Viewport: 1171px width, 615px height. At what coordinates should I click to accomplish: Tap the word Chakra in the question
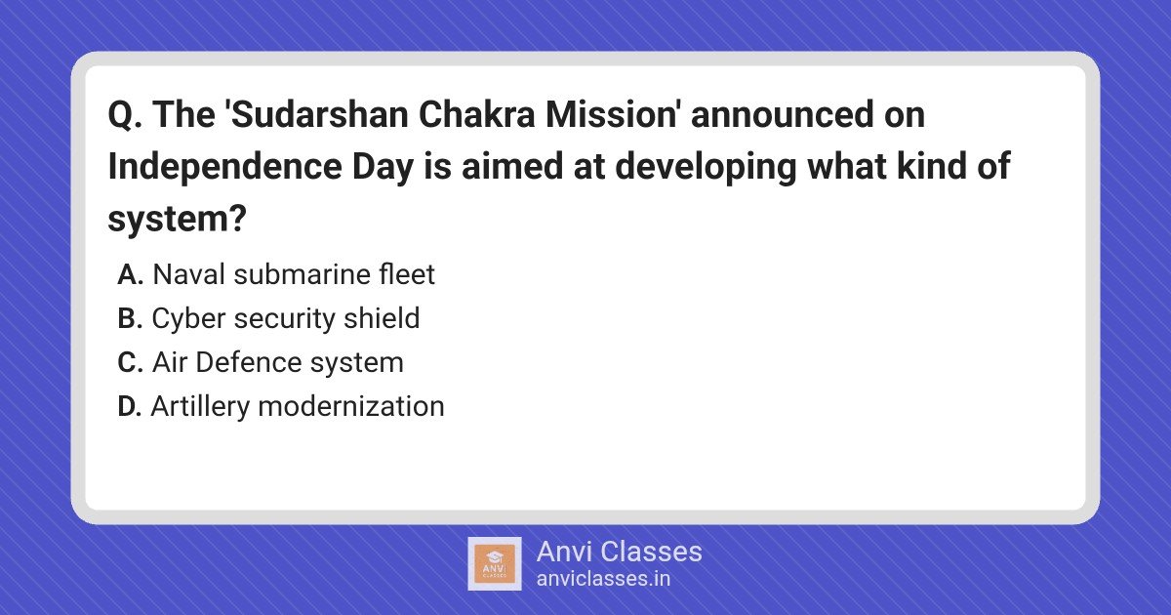tap(476, 114)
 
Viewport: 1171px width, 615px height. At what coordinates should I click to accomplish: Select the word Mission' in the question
tap(612, 114)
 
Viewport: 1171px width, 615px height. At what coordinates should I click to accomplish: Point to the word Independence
tap(224, 166)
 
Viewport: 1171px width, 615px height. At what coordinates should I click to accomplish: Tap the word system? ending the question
tap(177, 220)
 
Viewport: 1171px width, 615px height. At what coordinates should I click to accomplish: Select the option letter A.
tap(130, 274)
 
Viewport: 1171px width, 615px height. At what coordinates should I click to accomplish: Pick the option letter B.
tap(130, 318)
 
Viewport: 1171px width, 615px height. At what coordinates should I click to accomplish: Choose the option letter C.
tap(130, 362)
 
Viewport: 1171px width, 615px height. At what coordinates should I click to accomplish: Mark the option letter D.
tap(130, 406)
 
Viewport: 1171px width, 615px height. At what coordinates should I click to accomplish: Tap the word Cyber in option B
tap(188, 319)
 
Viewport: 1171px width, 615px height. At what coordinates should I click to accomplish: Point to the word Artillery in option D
tap(200, 407)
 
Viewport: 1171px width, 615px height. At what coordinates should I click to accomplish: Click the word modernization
tap(351, 406)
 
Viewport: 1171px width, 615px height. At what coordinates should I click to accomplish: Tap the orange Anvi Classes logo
tap(495, 564)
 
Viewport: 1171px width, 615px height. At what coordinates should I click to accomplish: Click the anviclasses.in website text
tap(603, 579)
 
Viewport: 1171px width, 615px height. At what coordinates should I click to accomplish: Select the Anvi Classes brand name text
tap(619, 552)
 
